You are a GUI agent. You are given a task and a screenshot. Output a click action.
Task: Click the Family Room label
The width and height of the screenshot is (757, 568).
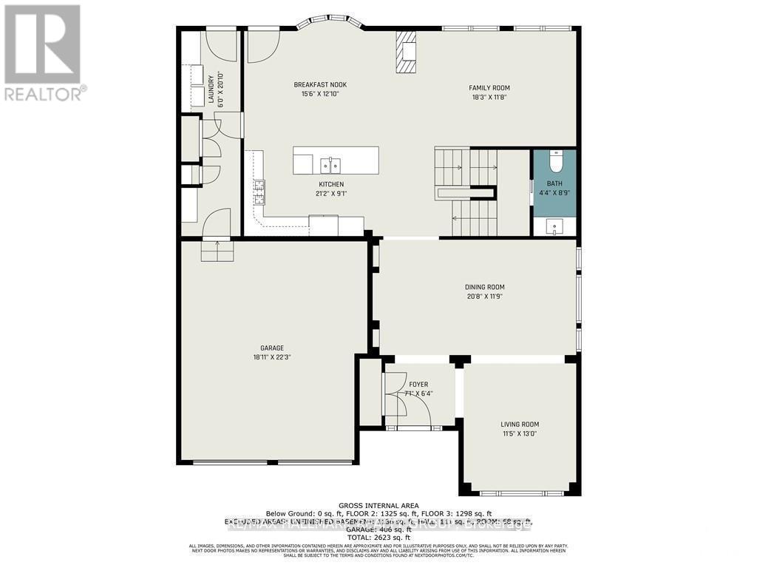pos(491,88)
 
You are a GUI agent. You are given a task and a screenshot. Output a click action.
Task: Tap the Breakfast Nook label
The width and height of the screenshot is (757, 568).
pos(320,85)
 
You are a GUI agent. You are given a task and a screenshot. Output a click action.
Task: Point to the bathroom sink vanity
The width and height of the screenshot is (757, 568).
pos(554,226)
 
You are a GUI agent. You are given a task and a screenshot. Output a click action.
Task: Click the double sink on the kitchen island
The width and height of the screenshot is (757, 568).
pos(330,163)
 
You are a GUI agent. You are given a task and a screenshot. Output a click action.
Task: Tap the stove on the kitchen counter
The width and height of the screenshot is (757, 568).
pos(259,192)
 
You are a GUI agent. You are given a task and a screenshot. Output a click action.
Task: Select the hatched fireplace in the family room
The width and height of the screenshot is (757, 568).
pos(406,52)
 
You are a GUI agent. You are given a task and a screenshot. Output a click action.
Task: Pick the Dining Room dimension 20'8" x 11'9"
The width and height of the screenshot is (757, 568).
pos(485,297)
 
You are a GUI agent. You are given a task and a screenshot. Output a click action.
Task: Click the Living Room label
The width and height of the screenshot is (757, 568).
pos(520,425)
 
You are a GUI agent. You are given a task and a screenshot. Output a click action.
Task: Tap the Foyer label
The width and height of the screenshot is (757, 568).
pos(418,385)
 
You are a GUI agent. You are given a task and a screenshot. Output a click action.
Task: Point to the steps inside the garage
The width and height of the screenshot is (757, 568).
pos(217,251)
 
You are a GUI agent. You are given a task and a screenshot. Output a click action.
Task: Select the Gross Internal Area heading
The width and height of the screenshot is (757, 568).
pos(378,506)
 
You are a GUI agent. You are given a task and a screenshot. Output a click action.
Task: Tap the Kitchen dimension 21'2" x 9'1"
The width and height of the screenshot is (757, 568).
pos(331,194)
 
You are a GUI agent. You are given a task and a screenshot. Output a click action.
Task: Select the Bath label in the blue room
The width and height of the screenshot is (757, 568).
pos(554,183)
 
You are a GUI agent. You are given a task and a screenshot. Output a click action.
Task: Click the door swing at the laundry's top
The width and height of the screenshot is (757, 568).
pos(220,45)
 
